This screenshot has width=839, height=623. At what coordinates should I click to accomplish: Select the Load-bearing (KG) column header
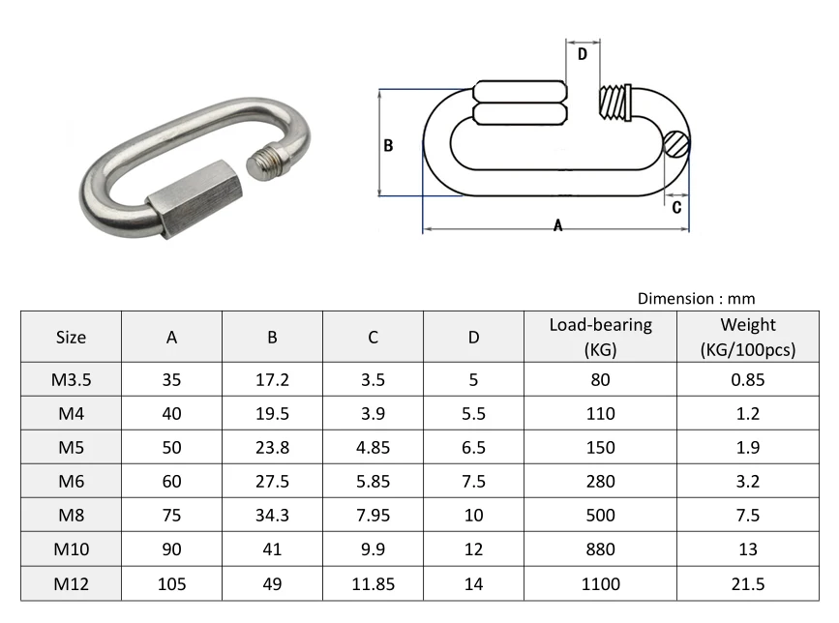click(x=600, y=337)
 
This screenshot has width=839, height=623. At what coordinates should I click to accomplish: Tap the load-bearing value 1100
click(x=600, y=583)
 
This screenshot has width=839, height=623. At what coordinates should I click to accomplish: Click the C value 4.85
click(x=373, y=448)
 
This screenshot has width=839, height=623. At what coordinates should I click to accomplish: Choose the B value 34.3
click(x=272, y=516)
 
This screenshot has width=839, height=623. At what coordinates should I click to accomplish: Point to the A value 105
click(x=171, y=583)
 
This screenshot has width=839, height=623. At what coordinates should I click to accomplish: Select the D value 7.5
click(x=473, y=482)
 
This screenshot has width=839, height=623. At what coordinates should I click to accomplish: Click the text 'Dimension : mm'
click(x=696, y=299)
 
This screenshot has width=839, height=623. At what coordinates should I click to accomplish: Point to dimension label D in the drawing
click(x=583, y=55)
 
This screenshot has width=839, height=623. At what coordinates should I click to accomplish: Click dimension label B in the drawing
click(x=388, y=145)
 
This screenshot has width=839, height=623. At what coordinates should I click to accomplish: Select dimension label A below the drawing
click(x=557, y=225)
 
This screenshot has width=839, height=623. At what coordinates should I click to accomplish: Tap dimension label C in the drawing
click(x=676, y=206)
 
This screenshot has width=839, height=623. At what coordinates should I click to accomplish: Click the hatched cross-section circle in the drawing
click(x=677, y=145)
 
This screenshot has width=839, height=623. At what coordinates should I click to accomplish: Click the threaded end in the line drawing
click(x=614, y=100)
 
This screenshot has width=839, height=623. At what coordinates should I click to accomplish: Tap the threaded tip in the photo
click(x=273, y=162)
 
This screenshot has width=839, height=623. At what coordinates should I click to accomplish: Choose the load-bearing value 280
click(x=600, y=482)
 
